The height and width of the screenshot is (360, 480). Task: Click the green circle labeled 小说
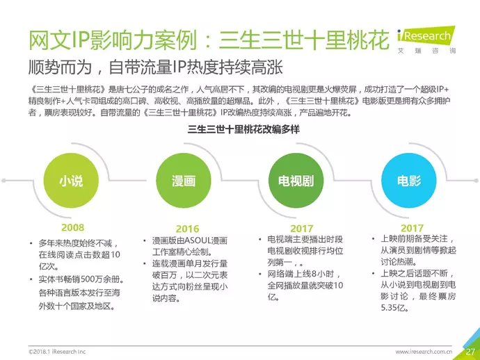(x=71, y=181)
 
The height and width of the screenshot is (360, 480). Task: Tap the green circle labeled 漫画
(x=184, y=181)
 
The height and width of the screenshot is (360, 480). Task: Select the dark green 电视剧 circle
(x=296, y=181)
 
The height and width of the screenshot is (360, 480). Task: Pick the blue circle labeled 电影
(x=408, y=181)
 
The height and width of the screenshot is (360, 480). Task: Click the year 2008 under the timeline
(x=72, y=227)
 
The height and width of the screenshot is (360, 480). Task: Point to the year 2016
(x=187, y=229)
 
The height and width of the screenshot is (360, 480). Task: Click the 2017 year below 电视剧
(x=301, y=229)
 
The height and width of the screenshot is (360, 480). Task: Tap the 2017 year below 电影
(x=412, y=228)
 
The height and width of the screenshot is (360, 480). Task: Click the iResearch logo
(x=426, y=40)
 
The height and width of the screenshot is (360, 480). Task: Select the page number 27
(x=470, y=352)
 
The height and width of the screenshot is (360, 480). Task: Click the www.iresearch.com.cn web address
(x=424, y=352)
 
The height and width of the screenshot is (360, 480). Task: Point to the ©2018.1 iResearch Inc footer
(x=57, y=352)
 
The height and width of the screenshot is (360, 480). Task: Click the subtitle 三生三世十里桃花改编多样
(x=243, y=129)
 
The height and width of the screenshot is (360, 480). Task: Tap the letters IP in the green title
(x=81, y=40)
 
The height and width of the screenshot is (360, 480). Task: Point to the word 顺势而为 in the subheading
(x=60, y=67)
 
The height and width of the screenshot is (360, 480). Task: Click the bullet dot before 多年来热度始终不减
(x=31, y=244)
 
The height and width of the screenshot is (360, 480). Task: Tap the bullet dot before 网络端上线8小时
(x=260, y=274)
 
